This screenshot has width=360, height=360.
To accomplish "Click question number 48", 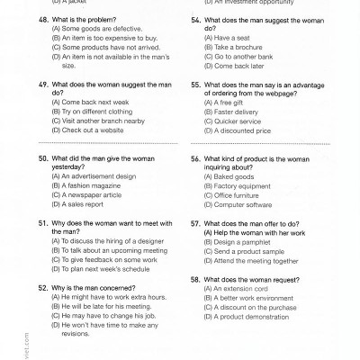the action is click(42, 18).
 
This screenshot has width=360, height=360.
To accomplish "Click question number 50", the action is click(42, 157).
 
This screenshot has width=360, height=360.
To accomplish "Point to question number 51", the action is click(42, 222).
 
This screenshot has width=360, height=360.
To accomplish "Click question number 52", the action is click(42, 287).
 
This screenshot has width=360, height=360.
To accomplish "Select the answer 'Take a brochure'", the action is click(232, 47).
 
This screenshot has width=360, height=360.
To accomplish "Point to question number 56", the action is click(195, 157).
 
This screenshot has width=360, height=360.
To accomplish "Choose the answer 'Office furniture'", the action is click(236, 194).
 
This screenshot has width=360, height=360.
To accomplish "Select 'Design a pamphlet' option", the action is click(238, 241).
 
